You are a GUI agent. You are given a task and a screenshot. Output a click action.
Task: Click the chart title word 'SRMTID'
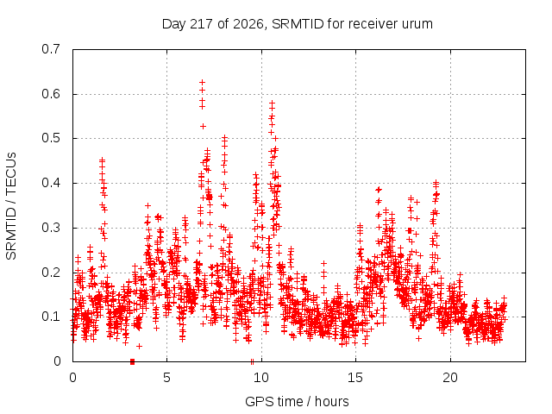point(298,24)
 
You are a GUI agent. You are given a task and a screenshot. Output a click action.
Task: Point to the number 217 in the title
point(202,24)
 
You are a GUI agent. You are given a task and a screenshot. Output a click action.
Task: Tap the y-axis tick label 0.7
point(51,49)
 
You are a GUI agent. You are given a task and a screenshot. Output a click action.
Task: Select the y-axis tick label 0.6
point(51,94)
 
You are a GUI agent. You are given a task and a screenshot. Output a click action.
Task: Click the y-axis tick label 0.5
point(51,138)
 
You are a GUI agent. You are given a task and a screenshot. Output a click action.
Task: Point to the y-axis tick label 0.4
point(51,183)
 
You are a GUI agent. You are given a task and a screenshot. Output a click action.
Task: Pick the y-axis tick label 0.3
point(51,228)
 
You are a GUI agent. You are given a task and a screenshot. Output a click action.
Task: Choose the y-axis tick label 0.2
point(51,273)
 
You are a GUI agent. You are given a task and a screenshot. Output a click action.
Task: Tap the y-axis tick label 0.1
point(51,317)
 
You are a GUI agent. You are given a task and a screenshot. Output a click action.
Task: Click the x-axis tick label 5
point(166,378)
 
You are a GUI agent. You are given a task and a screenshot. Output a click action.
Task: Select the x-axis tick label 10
point(261,378)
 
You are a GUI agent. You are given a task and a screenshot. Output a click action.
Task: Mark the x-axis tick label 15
point(355,378)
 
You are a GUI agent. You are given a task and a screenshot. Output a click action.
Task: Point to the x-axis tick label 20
point(450,378)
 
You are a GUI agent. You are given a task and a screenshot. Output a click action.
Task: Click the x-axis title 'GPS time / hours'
point(297,402)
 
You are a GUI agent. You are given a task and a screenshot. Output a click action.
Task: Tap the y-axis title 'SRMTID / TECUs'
point(11,206)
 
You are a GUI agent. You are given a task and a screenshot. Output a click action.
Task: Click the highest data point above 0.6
point(203,83)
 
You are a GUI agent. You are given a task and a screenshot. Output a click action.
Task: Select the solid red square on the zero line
point(132,361)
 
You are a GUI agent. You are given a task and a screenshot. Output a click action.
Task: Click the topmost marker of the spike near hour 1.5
point(102,160)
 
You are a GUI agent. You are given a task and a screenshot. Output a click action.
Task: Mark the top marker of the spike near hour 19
point(436,182)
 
